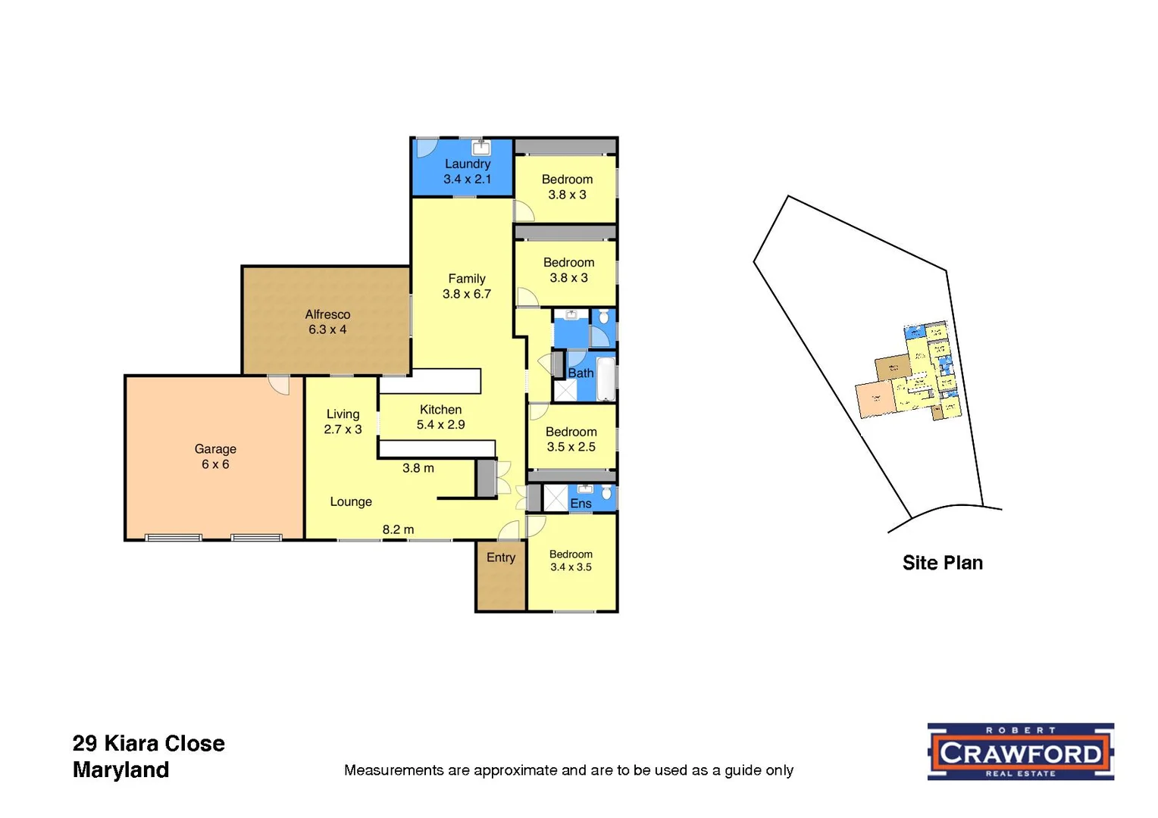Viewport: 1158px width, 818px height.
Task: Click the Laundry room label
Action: [x=467, y=171]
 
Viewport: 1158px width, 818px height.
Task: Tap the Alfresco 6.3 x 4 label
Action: [x=327, y=322]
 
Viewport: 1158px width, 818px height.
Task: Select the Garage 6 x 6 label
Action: [x=215, y=457]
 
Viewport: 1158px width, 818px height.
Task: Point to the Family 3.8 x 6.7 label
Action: [x=467, y=286]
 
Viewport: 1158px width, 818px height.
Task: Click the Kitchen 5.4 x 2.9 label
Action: [x=440, y=417]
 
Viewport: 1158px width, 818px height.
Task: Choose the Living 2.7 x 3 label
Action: [x=343, y=422]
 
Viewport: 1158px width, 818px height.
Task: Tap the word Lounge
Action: [x=351, y=501]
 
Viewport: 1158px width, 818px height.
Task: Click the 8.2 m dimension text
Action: [x=398, y=529]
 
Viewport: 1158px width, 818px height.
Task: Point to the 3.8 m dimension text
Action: [x=418, y=468]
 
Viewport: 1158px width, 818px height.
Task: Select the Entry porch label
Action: [x=501, y=557]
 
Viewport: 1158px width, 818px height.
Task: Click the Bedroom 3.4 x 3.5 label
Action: [x=571, y=560]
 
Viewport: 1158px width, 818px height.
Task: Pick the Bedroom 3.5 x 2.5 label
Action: [x=571, y=439]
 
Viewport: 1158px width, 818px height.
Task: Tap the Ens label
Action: [x=581, y=504]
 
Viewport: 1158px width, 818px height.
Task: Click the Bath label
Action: [x=581, y=373]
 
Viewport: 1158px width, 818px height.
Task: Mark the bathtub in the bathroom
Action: [x=606, y=379]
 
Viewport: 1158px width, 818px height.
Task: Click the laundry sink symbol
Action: [x=481, y=147]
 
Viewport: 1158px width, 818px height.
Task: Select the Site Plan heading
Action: [x=942, y=563]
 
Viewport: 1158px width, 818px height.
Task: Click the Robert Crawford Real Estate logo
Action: [x=1020, y=751]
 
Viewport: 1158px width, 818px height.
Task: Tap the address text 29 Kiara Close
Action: [x=149, y=744]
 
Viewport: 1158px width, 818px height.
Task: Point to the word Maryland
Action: [x=121, y=770]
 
